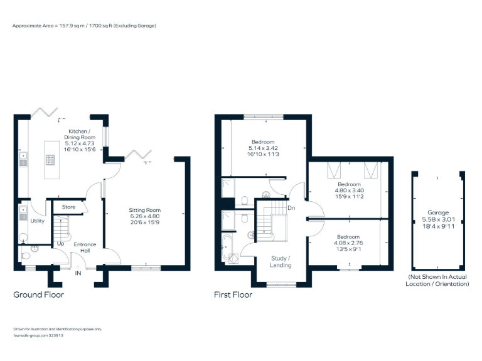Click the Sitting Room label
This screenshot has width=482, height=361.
[x=145, y=210]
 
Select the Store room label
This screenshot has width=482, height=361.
[x=68, y=206]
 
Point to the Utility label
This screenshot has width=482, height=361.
[x=37, y=221]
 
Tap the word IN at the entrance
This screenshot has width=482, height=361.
[x=78, y=273]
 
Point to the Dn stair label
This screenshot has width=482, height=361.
[x=291, y=207]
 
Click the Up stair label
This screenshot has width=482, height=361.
[x=61, y=243]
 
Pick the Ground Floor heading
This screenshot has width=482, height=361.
[x=38, y=294]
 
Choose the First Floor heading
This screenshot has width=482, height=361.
[x=233, y=294]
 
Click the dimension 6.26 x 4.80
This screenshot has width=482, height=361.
[x=145, y=216]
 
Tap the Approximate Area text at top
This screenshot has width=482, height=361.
[x=84, y=26]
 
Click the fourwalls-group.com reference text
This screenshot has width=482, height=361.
[x=38, y=335]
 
